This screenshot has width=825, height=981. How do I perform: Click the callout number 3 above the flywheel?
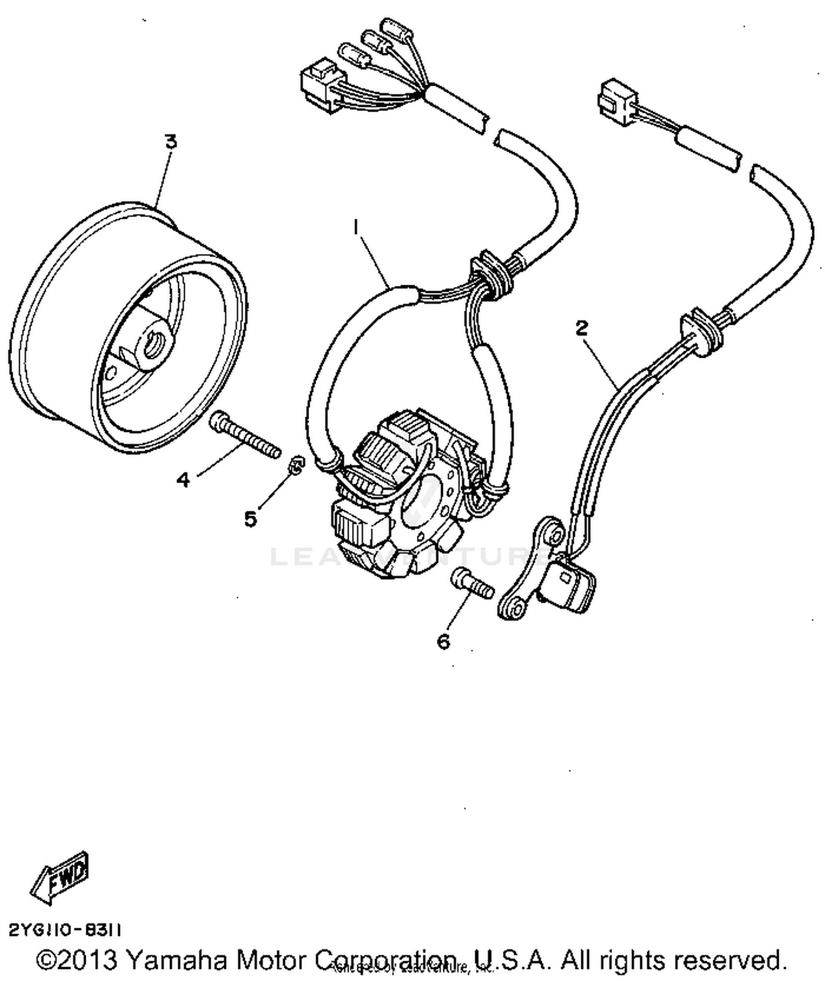[x=172, y=142]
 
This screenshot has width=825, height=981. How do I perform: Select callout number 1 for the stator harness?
[x=356, y=225]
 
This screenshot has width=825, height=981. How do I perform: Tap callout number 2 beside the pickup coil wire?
[x=581, y=328]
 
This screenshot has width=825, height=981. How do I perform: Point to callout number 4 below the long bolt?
[x=183, y=480]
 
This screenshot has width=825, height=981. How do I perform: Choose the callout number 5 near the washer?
[x=251, y=518]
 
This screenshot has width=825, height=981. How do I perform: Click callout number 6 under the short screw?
[x=444, y=641]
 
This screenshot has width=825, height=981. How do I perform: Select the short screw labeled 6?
[x=472, y=584]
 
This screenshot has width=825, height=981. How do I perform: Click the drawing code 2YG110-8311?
[x=65, y=930]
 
